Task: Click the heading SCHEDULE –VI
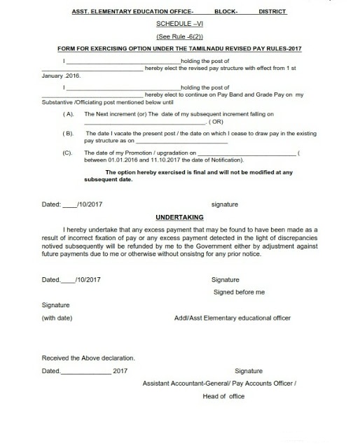(x=181, y=22)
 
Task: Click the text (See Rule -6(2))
(x=181, y=35)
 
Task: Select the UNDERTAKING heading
(x=179, y=217)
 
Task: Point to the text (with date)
(x=60, y=318)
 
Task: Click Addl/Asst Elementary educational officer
(x=233, y=318)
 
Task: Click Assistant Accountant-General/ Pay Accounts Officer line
(x=220, y=384)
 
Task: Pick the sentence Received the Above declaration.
(x=88, y=358)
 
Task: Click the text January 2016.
(x=62, y=75)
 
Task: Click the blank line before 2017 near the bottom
(x=85, y=372)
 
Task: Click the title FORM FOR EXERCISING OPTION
(x=180, y=48)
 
